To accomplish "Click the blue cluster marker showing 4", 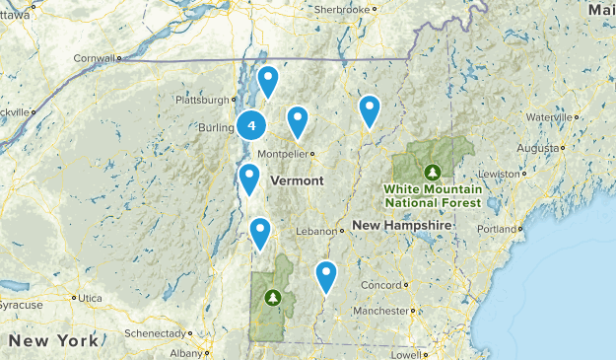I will (x=252, y=125).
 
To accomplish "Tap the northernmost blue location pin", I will (x=268, y=81).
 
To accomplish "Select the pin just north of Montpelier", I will (x=298, y=120).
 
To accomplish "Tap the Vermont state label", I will (x=297, y=181).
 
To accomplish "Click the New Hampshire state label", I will (x=402, y=226).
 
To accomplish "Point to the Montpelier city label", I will (x=285, y=155).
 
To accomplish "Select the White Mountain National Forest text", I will (x=434, y=195).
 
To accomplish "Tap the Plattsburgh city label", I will (x=200, y=100).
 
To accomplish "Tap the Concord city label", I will (x=379, y=286).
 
